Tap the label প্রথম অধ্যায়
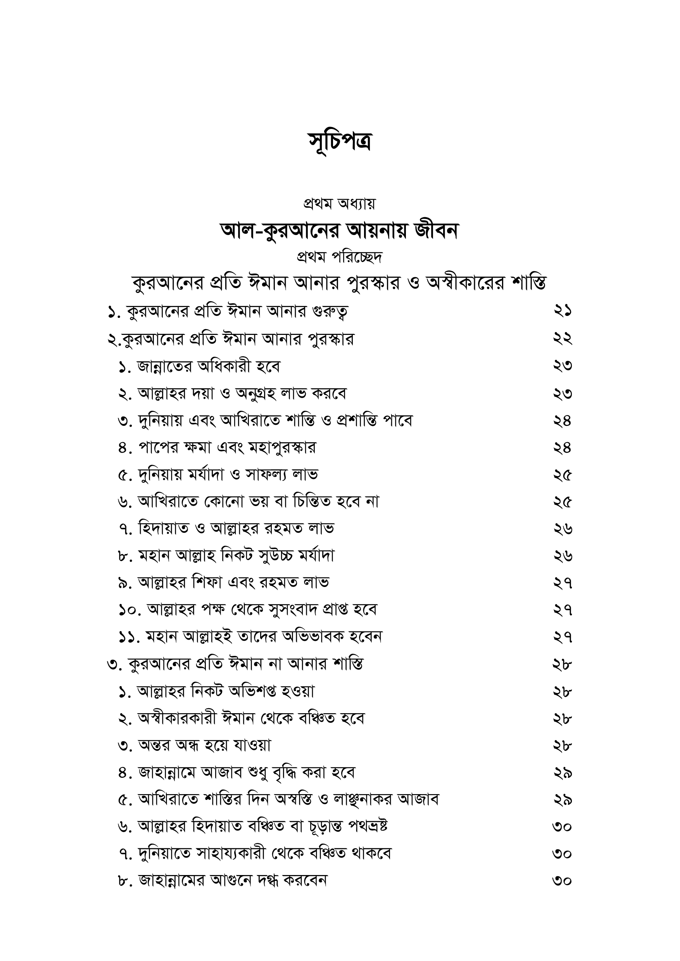tap(340, 204)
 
